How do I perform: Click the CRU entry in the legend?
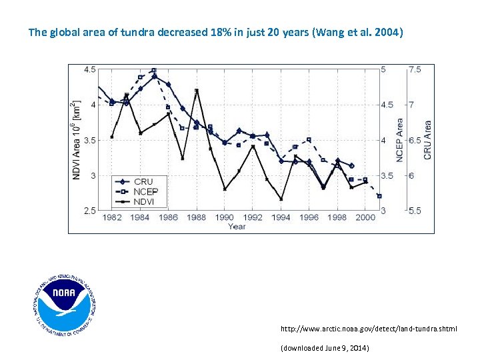[143, 181]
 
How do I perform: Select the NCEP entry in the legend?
[146, 191]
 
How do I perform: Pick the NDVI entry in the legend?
[145, 201]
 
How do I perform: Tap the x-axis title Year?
[236, 227]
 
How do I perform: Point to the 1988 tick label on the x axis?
[197, 218]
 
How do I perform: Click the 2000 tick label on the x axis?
[365, 218]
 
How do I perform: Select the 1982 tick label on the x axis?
[112, 218]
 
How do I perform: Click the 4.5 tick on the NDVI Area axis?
[89, 69]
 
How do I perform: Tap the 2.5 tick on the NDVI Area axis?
[89, 211]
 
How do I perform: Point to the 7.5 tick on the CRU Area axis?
[415, 69]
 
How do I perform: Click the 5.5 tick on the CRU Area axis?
[415, 211]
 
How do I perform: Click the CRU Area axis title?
[428, 140]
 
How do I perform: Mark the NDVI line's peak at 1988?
[197, 91]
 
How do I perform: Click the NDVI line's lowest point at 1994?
[281, 199]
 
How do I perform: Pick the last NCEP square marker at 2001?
[379, 196]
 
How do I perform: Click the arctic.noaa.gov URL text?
[369, 329]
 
